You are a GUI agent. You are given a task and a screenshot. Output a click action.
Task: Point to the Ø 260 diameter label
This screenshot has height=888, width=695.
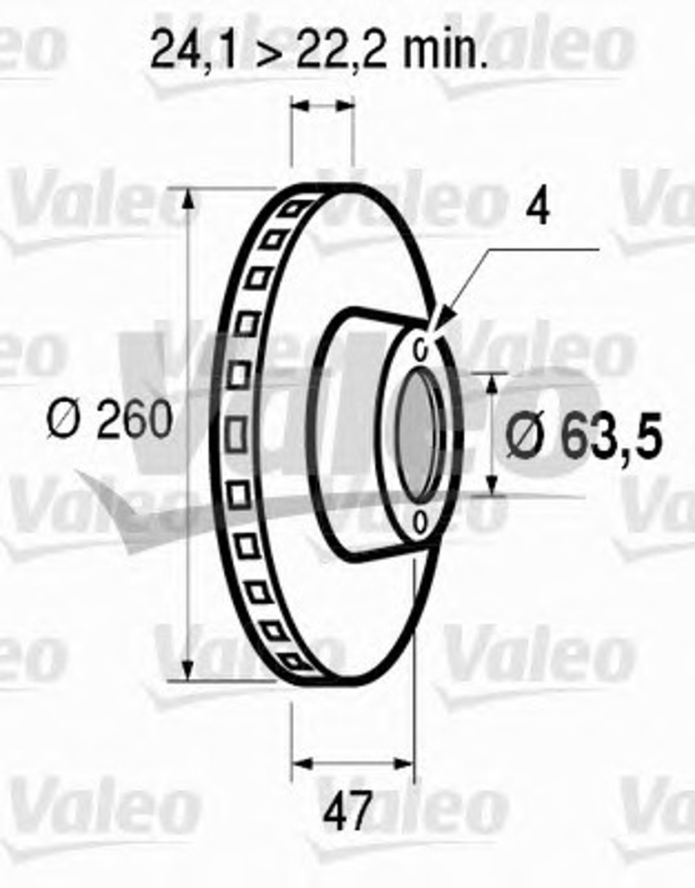109,419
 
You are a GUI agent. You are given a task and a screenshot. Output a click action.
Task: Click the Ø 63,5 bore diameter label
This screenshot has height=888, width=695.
583,435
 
